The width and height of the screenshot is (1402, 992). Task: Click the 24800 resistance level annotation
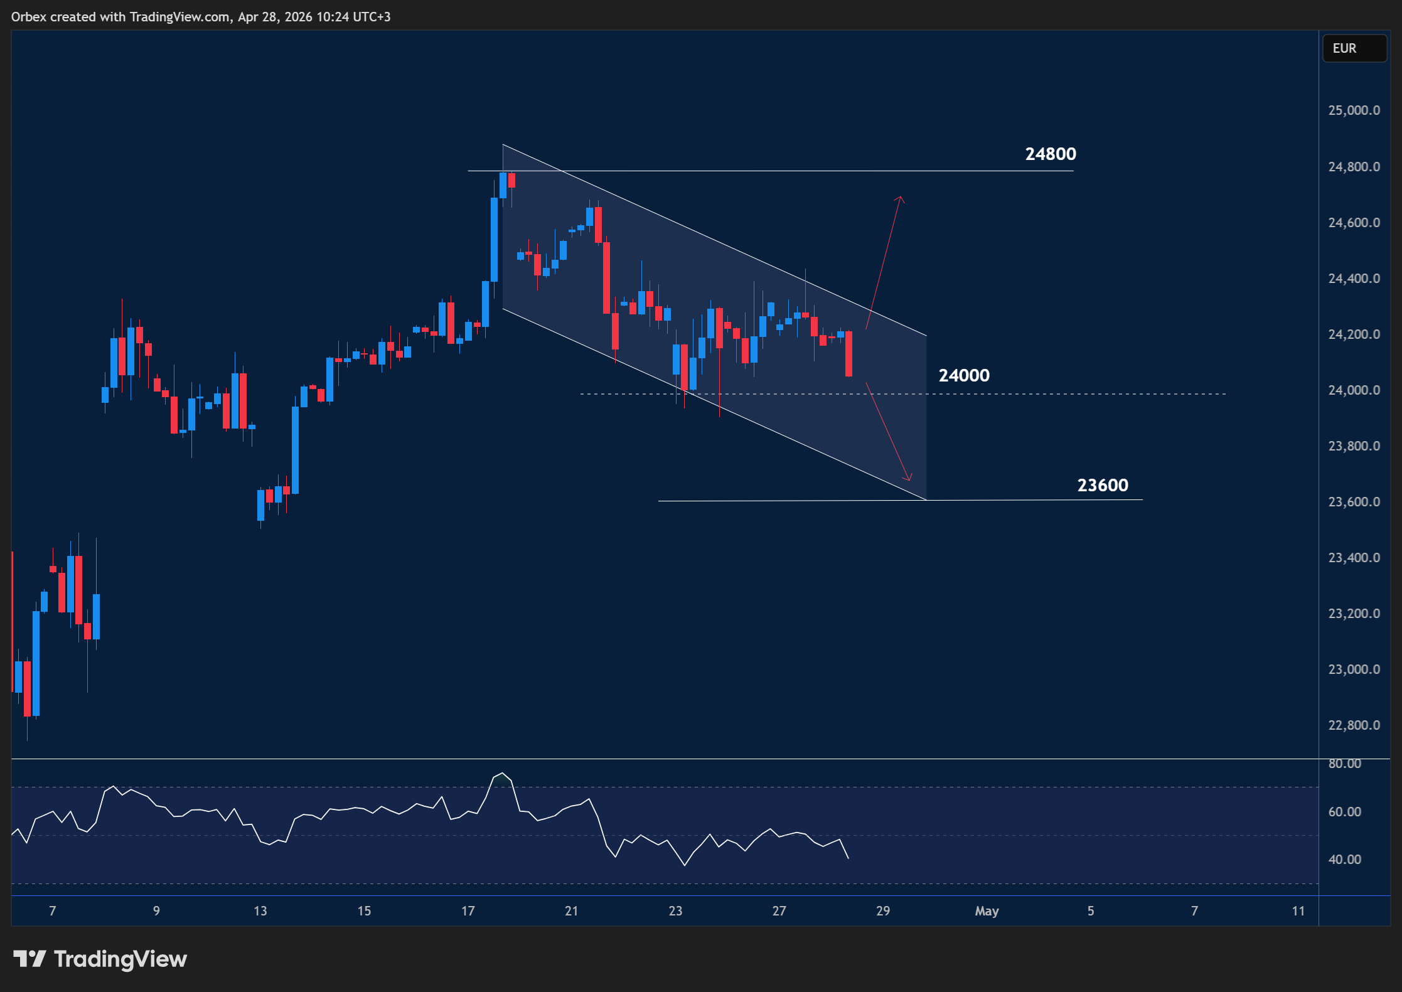point(1050,154)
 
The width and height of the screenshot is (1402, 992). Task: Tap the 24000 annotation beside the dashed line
point(963,375)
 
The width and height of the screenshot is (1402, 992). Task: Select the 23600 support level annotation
point(1102,485)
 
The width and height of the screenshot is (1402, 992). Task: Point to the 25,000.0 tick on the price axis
point(1354,110)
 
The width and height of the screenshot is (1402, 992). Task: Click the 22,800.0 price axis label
point(1354,725)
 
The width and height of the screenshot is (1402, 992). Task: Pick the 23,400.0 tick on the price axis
point(1354,558)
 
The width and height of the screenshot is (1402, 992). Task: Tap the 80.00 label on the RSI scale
point(1344,764)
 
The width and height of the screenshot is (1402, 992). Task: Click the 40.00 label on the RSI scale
point(1344,860)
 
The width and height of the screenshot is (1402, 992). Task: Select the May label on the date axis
point(987,911)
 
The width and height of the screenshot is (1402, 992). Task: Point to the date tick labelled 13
point(260,911)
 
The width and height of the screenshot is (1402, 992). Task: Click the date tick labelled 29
point(882,911)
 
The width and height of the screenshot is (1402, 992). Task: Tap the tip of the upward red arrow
point(901,197)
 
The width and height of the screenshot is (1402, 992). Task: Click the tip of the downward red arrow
point(909,480)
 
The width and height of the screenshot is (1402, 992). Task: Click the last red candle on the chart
point(848,353)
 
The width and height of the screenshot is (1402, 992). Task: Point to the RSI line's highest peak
point(502,773)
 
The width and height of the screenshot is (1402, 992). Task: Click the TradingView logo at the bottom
point(100,959)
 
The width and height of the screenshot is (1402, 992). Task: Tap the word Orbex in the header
point(28,17)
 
